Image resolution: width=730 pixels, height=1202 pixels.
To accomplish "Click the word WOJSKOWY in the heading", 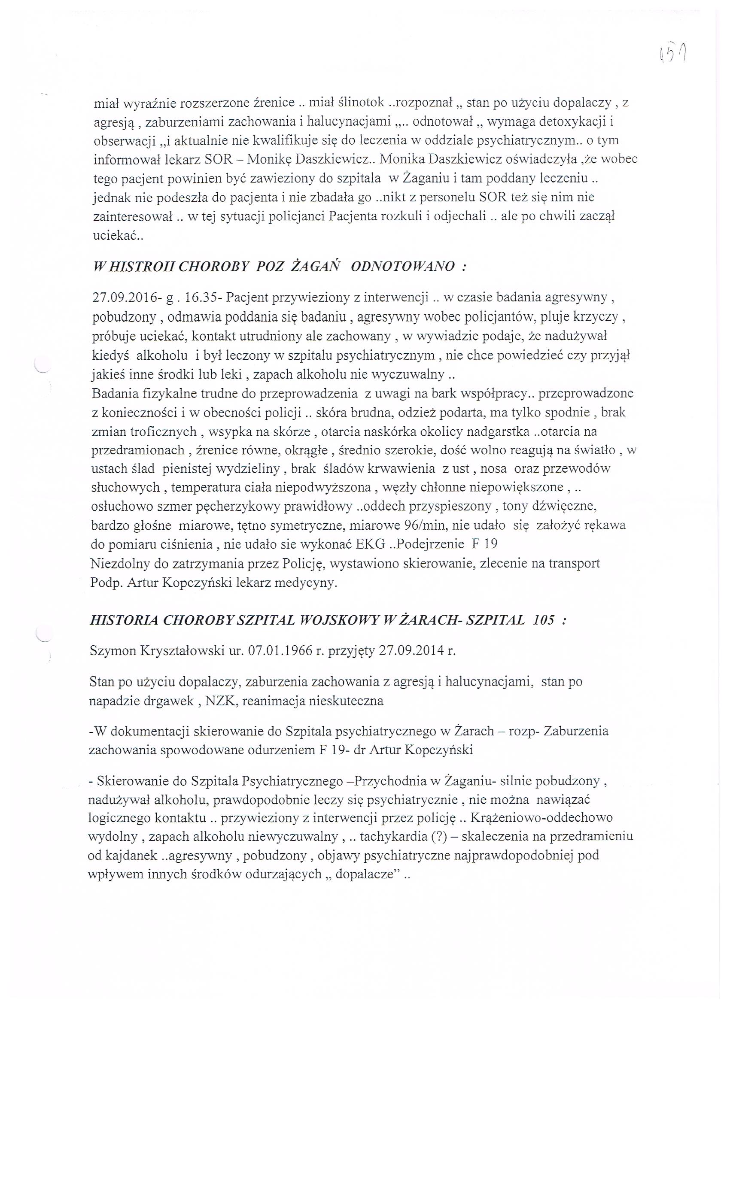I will (340, 620).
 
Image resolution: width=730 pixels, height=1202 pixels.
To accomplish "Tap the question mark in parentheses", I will (437, 836).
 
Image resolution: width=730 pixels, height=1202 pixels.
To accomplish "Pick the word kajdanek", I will (128, 855).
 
